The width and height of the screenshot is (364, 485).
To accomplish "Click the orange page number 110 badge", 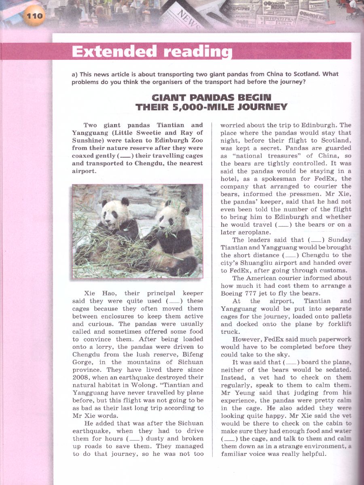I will coord(34,16).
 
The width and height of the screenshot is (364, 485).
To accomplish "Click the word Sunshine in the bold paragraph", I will coord(87,141).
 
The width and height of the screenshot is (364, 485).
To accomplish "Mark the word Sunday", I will coord(340,240).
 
